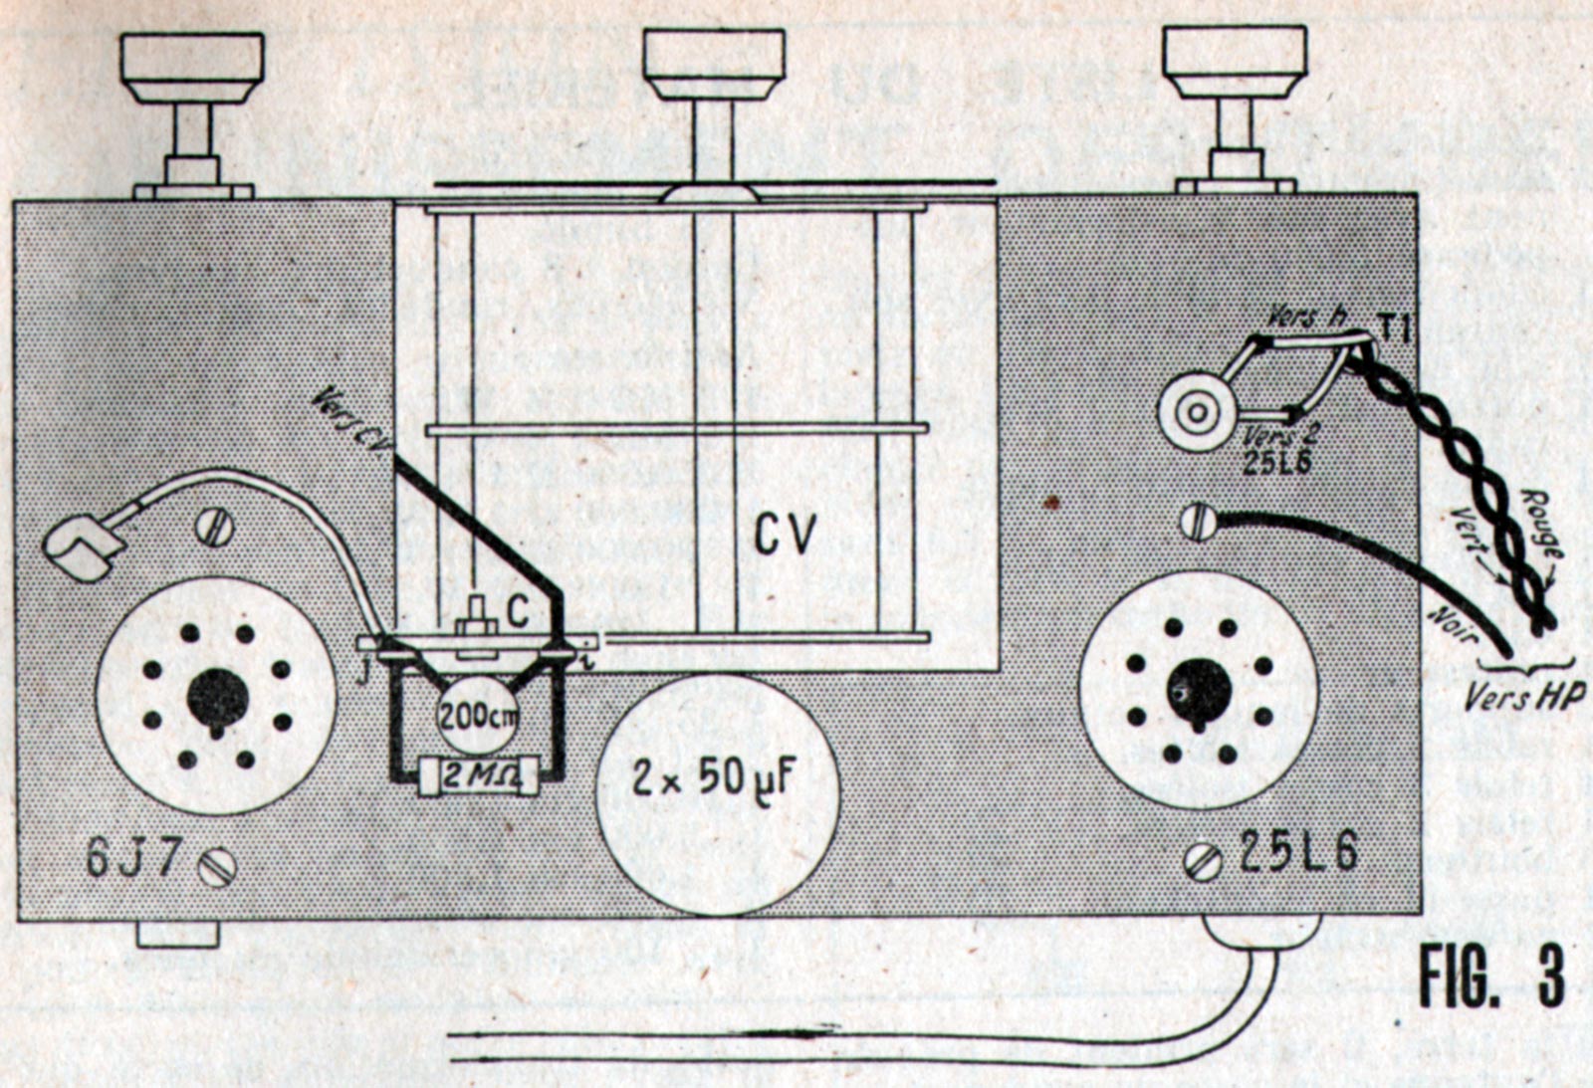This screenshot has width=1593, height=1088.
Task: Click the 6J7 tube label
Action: [132, 859]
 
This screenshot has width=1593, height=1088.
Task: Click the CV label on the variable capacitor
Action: [785, 536]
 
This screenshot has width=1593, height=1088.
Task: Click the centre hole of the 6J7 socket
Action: [216, 697]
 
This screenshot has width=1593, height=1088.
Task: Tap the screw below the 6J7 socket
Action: [217, 867]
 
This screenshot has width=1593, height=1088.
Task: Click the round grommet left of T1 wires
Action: [1195, 409]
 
